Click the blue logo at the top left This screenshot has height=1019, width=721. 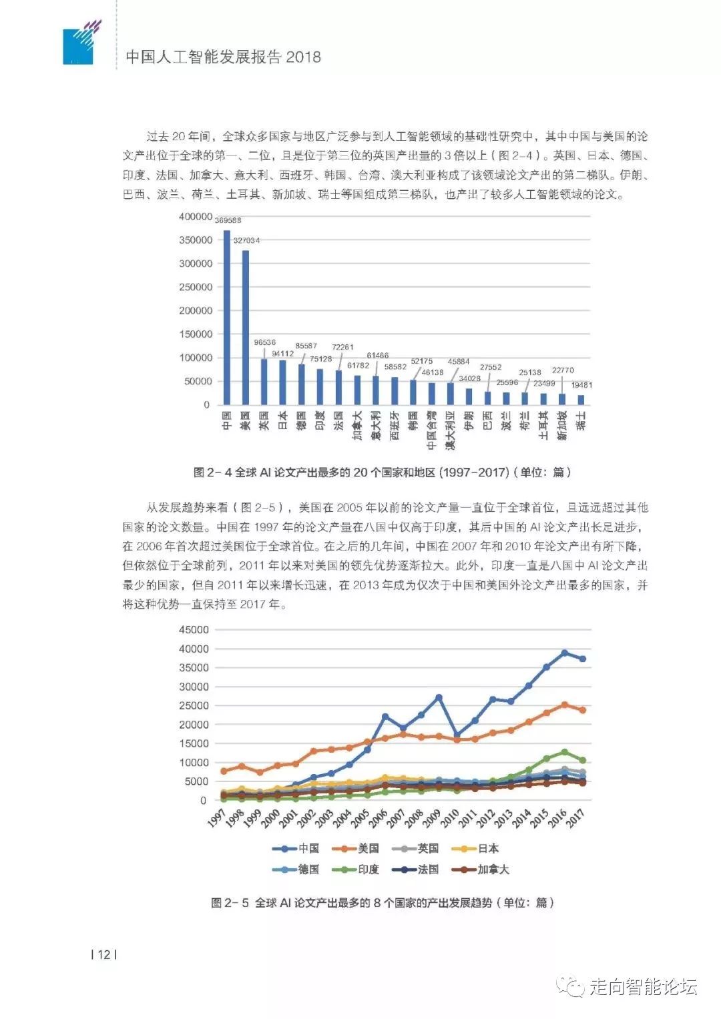point(79,45)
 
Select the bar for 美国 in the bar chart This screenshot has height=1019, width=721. point(246,327)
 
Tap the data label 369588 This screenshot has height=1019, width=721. point(228,220)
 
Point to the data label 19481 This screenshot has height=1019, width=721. point(581,385)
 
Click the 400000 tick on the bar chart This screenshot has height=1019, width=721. point(196,217)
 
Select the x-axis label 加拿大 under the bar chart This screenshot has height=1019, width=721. point(358,425)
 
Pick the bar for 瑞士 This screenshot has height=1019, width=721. point(581,400)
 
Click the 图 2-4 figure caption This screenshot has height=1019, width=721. point(382,472)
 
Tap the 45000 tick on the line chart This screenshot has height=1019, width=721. point(194,630)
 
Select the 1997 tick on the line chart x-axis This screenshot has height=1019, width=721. point(216,818)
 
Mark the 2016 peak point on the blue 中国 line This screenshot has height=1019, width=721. point(564,653)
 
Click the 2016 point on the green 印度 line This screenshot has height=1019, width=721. point(564,752)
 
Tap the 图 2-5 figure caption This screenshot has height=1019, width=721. point(382,903)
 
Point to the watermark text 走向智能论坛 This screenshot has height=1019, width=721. point(642,987)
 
